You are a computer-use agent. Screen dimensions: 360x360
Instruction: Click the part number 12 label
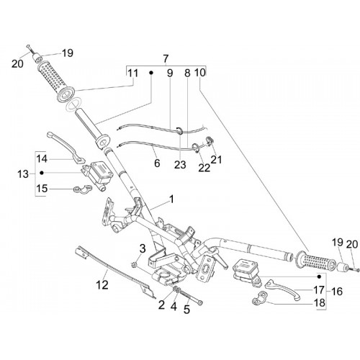(102, 285)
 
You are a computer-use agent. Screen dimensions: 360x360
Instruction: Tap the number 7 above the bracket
(166, 58)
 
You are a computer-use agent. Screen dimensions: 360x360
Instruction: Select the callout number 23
(180, 165)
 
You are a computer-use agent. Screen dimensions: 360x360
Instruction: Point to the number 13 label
(23, 174)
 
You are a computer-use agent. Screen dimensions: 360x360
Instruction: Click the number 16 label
(337, 292)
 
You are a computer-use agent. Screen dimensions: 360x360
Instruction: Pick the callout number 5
(186, 310)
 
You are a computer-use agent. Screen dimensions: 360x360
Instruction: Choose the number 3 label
(143, 248)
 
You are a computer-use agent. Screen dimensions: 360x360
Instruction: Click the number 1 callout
(171, 199)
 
